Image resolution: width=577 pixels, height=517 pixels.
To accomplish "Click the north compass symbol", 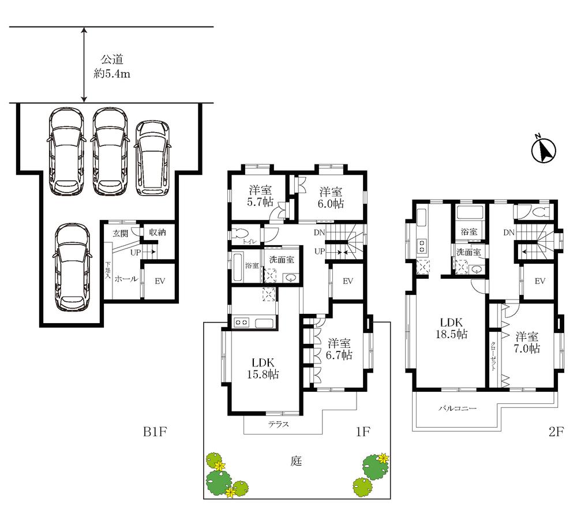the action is pyautogui.click(x=544, y=149).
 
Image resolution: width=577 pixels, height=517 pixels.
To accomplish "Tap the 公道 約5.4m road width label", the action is pyautogui.click(x=113, y=66).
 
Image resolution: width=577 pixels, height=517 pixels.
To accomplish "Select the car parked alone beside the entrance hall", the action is pyautogui.click(x=73, y=268).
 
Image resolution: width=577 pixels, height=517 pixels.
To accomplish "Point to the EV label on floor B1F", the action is pyautogui.click(x=160, y=281).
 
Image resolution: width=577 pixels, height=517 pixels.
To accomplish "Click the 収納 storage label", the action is pyautogui.click(x=158, y=232).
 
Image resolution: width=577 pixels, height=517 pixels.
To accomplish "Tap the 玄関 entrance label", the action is pyautogui.click(x=121, y=233).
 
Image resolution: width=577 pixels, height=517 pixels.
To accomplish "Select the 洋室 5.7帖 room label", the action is pyautogui.click(x=261, y=196).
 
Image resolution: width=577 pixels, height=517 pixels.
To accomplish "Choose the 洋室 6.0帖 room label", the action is pyautogui.click(x=331, y=197).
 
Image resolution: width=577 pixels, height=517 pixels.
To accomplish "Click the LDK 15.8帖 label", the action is pyautogui.click(x=263, y=368).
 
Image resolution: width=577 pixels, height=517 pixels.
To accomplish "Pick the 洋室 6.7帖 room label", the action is pyautogui.click(x=339, y=349).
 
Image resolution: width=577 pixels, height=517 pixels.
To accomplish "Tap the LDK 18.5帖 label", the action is pyautogui.click(x=452, y=328).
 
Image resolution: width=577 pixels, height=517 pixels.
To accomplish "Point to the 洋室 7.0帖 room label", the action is pyautogui.click(x=527, y=342).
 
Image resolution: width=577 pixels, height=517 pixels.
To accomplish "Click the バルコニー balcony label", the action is pyautogui.click(x=458, y=408).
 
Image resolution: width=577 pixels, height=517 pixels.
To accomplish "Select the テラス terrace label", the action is pyautogui.click(x=279, y=424).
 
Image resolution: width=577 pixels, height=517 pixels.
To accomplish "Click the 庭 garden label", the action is pyautogui.click(x=296, y=460).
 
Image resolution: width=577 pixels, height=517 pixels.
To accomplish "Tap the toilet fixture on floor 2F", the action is pyautogui.click(x=541, y=212).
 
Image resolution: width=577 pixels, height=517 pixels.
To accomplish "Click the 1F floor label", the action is pyautogui.click(x=362, y=431).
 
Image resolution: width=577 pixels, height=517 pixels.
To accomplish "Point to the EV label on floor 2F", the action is pyautogui.click(x=540, y=281).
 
